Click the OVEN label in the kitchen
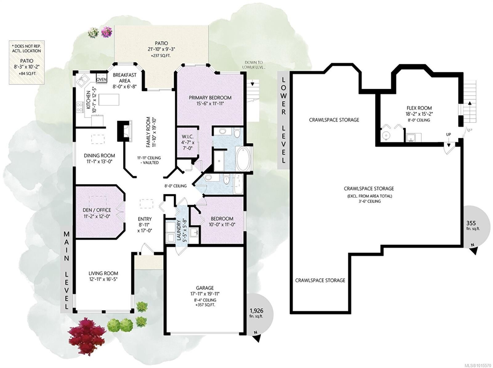tap(101, 80)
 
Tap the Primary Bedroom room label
tap(210, 98)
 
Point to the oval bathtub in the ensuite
tap(243, 159)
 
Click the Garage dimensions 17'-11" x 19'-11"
tap(205, 294)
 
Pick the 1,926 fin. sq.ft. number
tap(256, 311)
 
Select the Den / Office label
tap(97, 210)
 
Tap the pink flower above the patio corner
tap(107, 32)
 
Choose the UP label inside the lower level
tap(449, 135)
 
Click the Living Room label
tap(103, 273)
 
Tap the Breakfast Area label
tap(124, 78)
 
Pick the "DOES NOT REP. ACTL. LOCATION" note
tap(26, 48)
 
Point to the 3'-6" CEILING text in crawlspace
tap(369, 201)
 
